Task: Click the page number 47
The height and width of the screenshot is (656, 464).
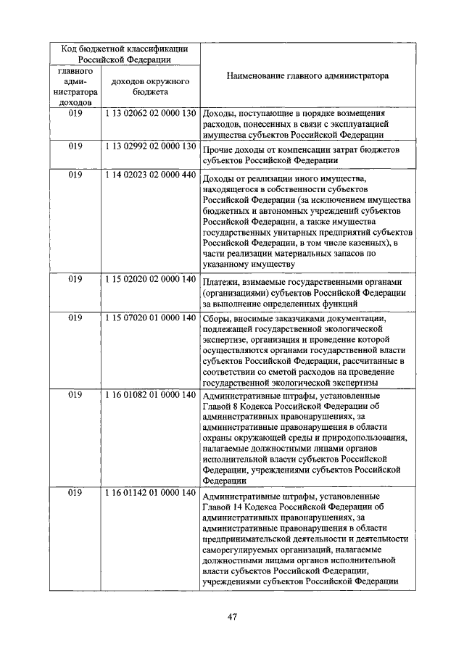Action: [x=232, y=617]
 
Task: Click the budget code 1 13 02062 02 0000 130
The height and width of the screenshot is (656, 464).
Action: [x=150, y=114]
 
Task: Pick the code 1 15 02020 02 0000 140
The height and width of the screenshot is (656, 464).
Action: [x=150, y=278]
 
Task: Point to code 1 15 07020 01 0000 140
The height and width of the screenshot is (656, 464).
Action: [x=150, y=317]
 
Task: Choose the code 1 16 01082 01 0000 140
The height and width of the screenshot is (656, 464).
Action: [x=150, y=394]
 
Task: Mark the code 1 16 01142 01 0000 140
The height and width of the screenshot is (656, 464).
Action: [x=150, y=492]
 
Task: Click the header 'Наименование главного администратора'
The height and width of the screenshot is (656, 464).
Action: [x=307, y=75]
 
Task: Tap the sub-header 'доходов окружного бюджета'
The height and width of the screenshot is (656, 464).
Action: [x=150, y=87]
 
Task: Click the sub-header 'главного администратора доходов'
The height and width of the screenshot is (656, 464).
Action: [x=75, y=87]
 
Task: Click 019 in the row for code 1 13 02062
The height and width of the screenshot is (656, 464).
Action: [x=75, y=114]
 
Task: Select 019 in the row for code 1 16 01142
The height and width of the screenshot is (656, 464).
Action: [x=75, y=492]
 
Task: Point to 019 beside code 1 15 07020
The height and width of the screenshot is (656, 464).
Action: [x=75, y=317]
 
